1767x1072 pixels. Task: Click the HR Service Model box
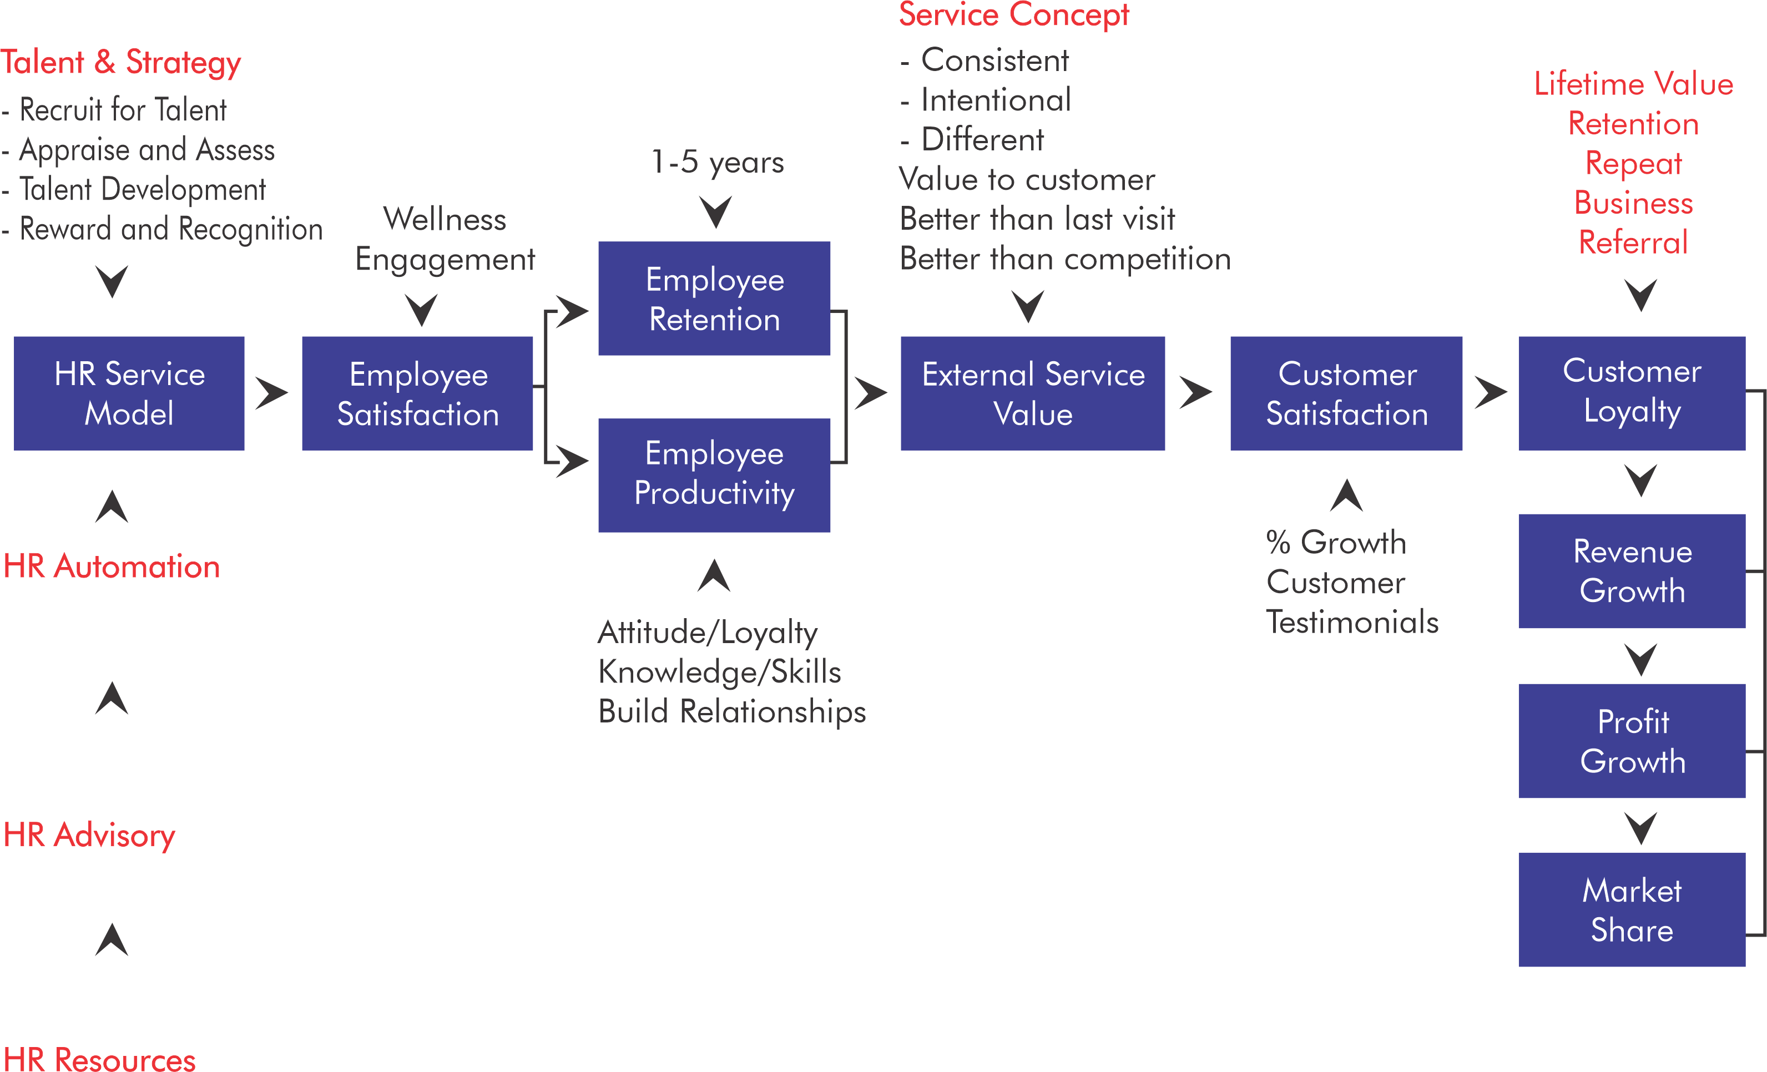(129, 393)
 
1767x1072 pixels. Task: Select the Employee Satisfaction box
(417, 393)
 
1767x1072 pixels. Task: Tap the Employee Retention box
(714, 299)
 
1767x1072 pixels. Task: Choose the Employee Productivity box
(714, 475)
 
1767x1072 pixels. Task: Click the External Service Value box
(1033, 393)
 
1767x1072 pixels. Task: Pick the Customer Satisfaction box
(1346, 393)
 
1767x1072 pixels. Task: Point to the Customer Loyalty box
(1632, 393)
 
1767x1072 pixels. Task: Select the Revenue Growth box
(1632, 571)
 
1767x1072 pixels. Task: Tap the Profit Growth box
(1632, 741)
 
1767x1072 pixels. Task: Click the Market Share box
(1632, 909)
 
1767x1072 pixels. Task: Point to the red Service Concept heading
(1014, 16)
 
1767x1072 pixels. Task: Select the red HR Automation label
(112, 567)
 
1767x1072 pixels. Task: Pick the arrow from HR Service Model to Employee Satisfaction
(272, 393)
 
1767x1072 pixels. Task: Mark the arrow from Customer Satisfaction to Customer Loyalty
(1491, 393)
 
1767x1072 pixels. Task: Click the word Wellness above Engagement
(445, 219)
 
